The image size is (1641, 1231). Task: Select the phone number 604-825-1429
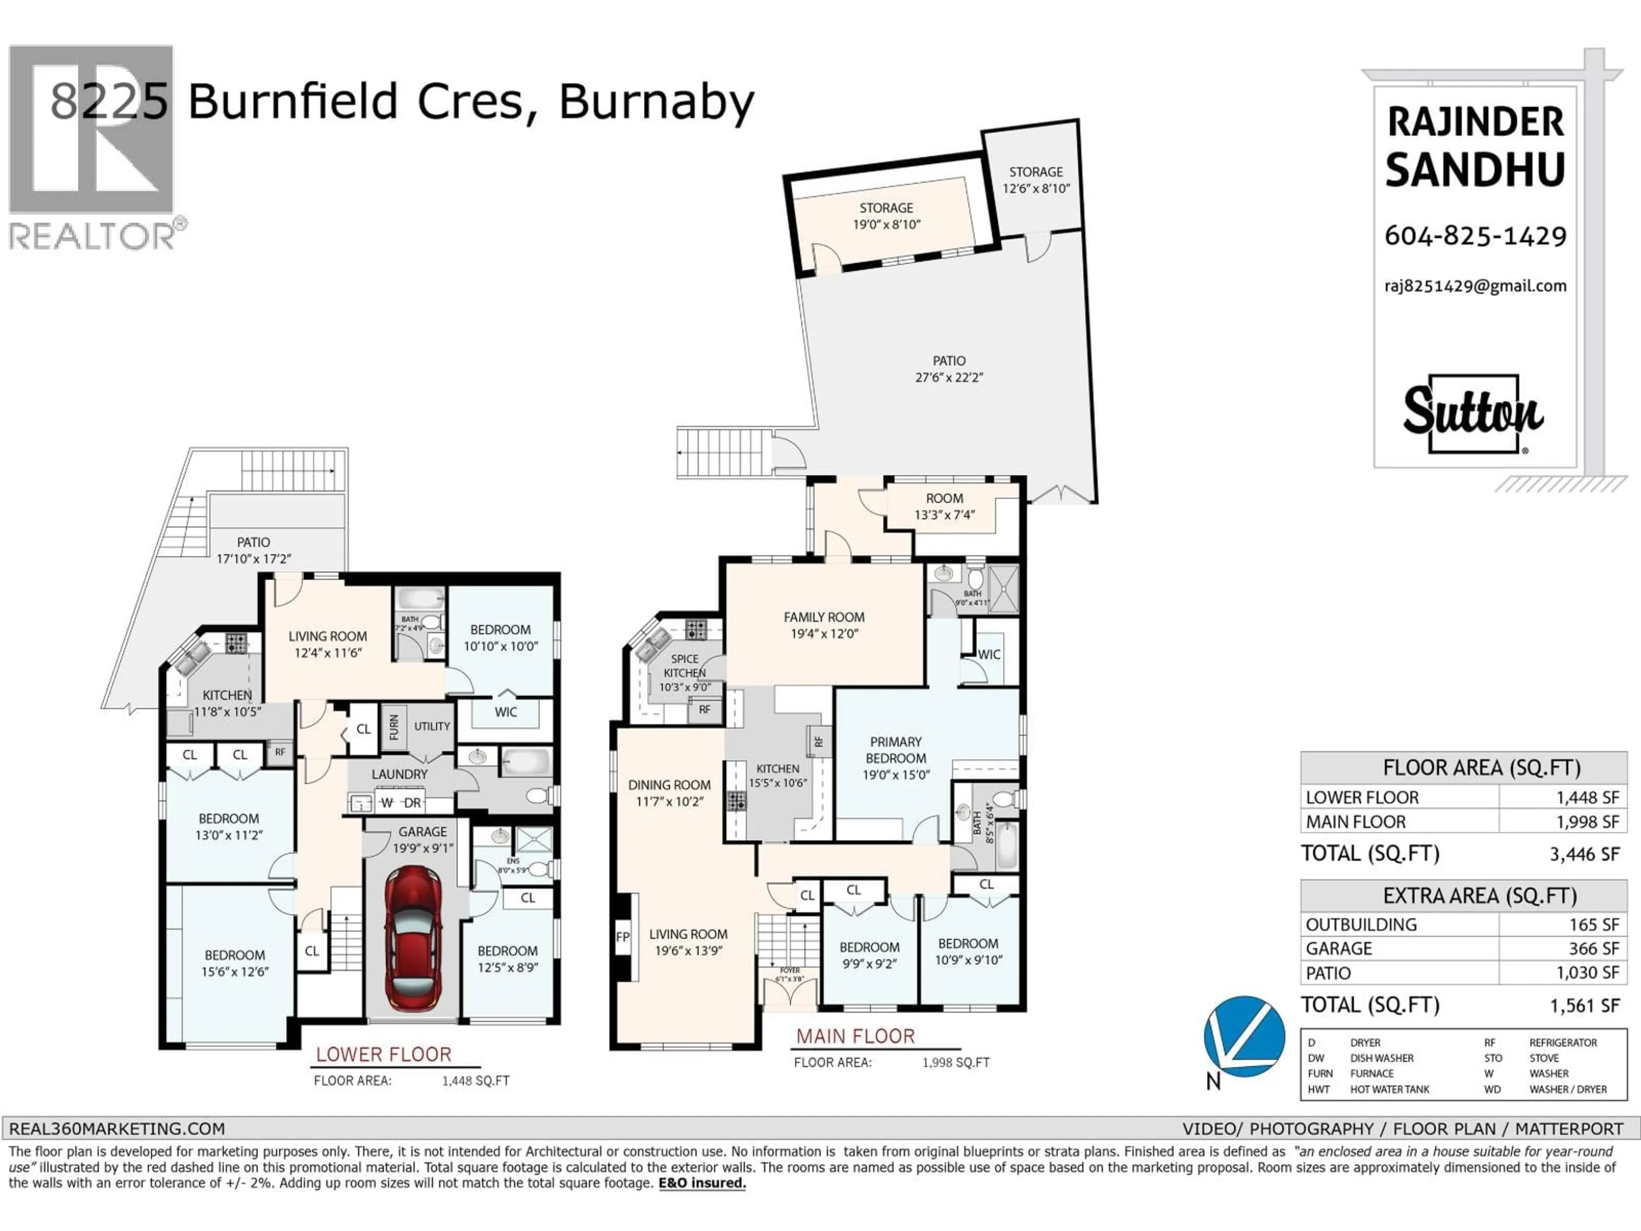click(1475, 236)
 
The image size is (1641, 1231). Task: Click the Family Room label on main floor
click(823, 625)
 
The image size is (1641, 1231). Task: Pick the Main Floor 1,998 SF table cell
click(1588, 822)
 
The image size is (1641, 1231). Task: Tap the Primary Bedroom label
click(895, 757)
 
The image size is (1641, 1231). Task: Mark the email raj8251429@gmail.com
click(1475, 286)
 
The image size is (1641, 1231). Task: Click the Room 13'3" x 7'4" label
click(944, 506)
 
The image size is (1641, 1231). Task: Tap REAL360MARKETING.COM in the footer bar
click(117, 1128)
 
